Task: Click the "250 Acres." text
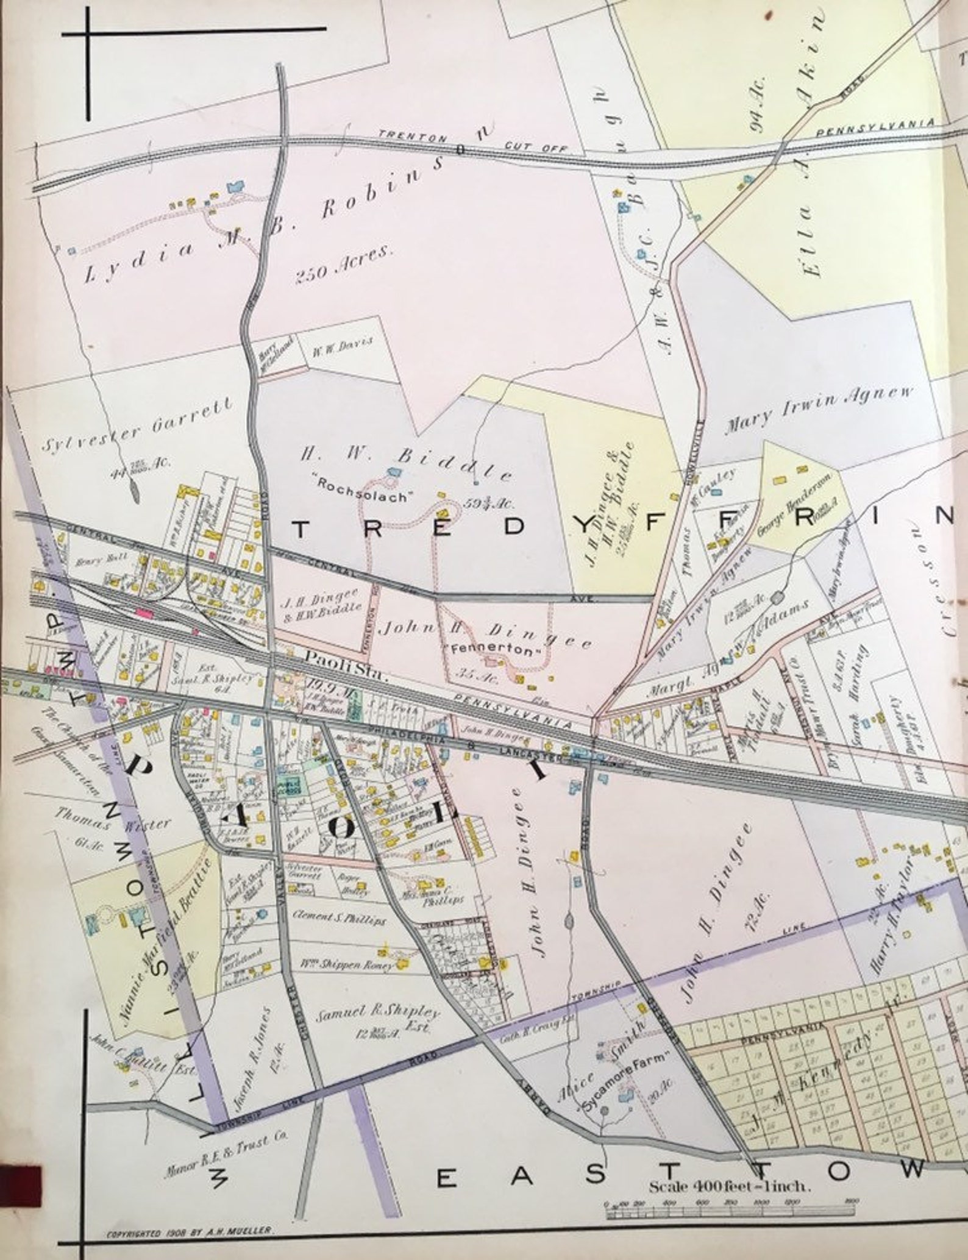click(344, 266)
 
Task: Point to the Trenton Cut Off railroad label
click(472, 142)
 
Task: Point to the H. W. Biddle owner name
click(406, 461)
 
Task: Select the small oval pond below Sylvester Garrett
click(133, 488)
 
